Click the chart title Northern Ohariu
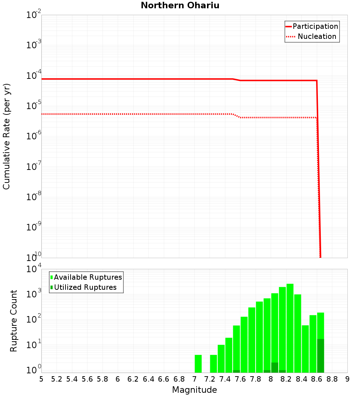(x=180, y=6)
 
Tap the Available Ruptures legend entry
(x=86, y=278)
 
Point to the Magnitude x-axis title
(x=194, y=390)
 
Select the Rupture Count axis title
(x=14, y=321)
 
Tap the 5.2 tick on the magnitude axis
(x=57, y=379)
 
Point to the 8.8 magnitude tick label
(x=332, y=379)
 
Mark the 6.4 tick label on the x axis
(x=148, y=379)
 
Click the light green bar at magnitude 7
(x=198, y=364)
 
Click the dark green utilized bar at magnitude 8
(x=275, y=368)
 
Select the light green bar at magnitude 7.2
(x=213, y=364)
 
